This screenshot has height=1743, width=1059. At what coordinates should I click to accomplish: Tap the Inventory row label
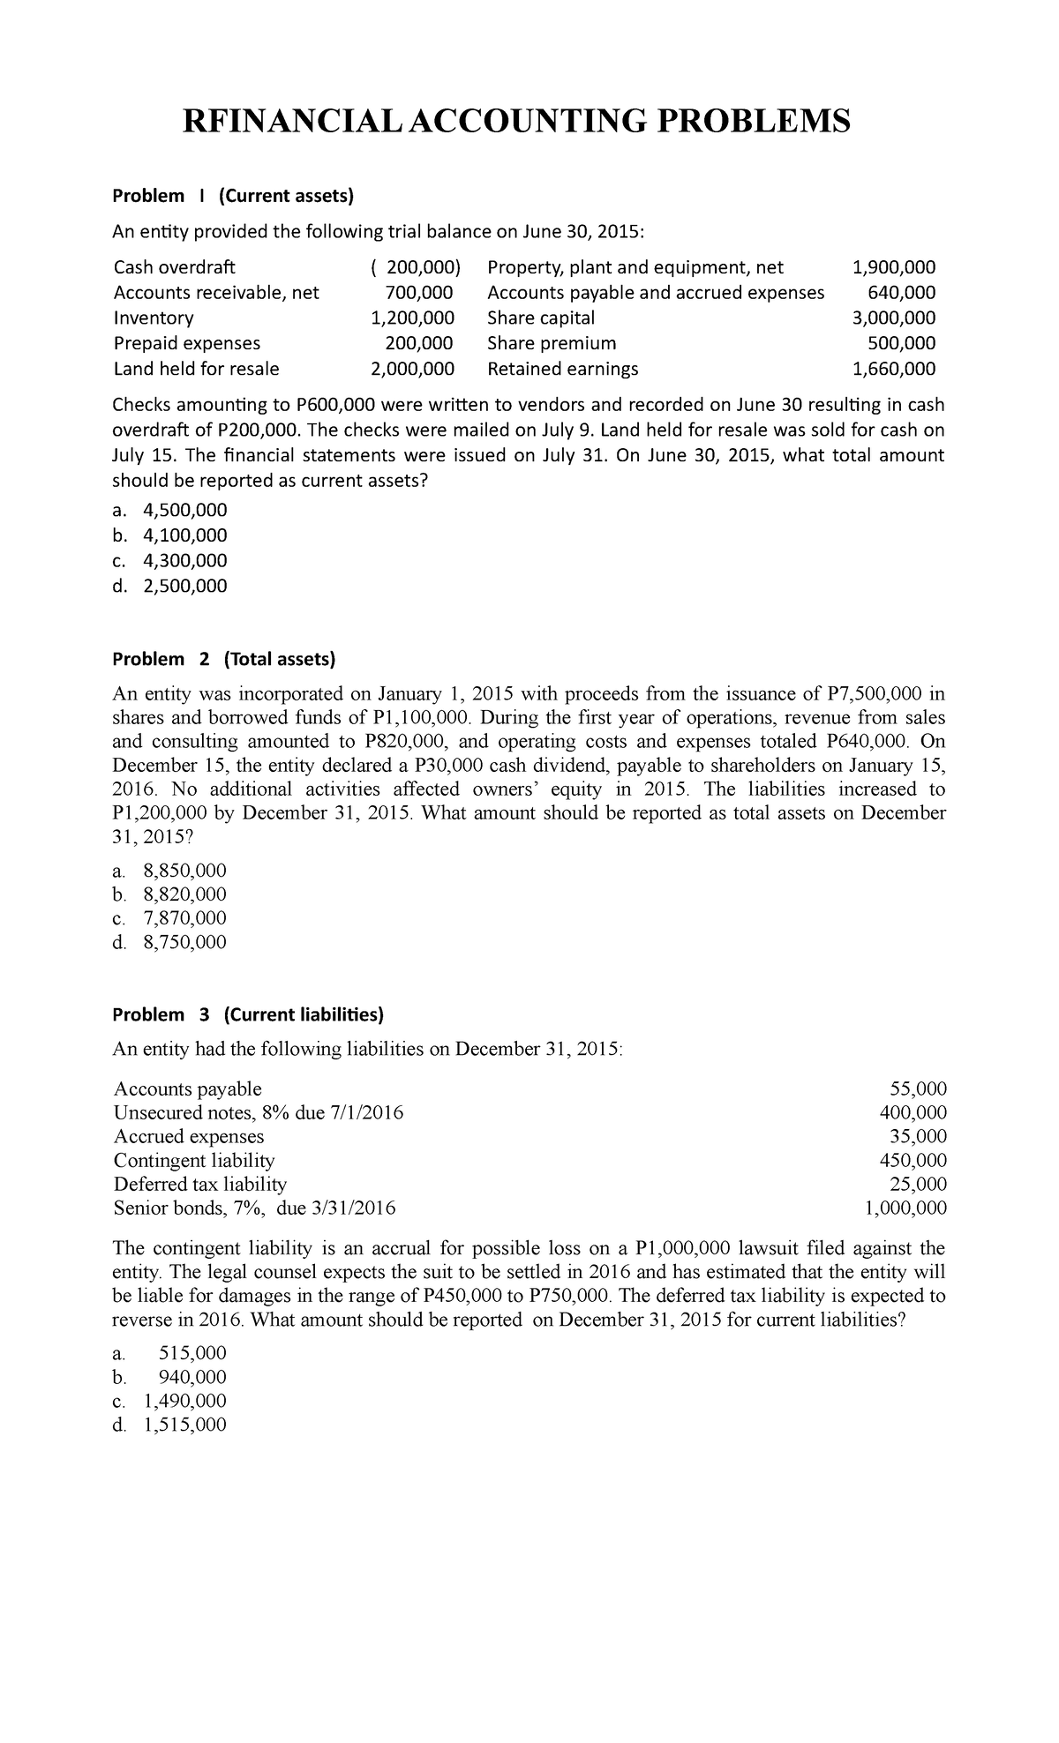point(154,318)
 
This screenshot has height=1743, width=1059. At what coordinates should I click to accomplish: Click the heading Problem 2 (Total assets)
point(224,659)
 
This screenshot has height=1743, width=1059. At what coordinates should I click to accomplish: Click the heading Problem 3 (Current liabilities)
point(248,1014)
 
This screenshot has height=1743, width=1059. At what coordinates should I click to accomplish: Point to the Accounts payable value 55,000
point(918,1089)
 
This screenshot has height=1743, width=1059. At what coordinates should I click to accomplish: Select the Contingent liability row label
point(194,1161)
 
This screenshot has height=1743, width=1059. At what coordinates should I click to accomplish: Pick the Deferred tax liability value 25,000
point(918,1185)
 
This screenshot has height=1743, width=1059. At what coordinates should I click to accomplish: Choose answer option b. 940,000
point(170,1377)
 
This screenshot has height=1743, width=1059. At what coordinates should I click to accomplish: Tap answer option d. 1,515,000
point(170,1425)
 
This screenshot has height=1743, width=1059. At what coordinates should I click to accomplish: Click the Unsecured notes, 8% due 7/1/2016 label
point(259,1113)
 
